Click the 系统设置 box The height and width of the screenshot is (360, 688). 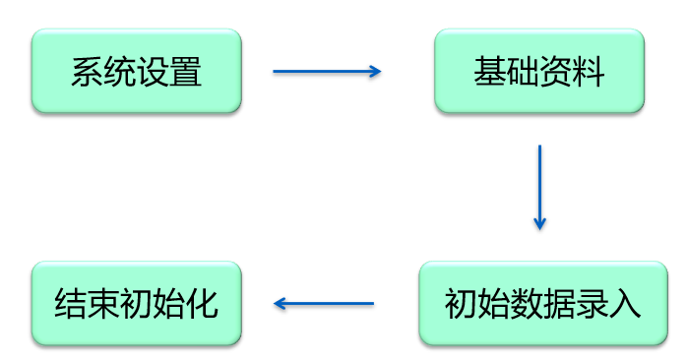click(136, 72)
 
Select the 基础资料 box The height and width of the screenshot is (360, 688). click(539, 72)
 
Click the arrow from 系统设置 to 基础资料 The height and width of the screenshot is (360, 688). click(326, 72)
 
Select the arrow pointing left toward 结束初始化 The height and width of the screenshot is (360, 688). click(324, 304)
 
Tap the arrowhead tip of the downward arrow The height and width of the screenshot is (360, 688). click(539, 226)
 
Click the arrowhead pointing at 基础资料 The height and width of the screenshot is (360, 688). click(374, 72)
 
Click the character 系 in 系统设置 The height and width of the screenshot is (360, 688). click(87, 73)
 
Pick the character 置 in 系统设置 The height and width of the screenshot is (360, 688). click(185, 73)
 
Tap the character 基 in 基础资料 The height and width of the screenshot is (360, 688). click(490, 73)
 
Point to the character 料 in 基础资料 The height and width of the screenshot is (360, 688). click(589, 73)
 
